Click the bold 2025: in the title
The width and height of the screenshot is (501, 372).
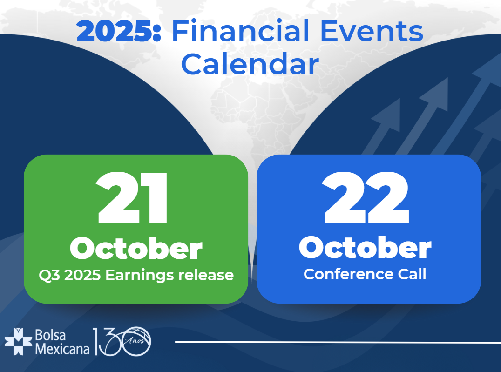coord(119,31)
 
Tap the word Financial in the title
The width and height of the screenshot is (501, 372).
coord(241,31)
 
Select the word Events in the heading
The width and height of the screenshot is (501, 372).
coord(372,31)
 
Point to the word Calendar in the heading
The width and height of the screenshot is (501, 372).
coord(250,64)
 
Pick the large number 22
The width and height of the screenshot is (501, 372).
coord(366,198)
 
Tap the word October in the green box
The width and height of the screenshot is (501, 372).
coord(136,248)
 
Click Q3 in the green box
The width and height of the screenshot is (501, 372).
coord(49,276)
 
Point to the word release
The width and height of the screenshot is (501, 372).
coord(206,275)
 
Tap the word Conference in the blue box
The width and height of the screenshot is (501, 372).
coord(348,274)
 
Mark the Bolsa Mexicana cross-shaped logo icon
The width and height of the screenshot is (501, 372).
coord(19,341)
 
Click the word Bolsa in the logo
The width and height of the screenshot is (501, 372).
coord(50,335)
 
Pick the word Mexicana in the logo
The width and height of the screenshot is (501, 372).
coord(62,349)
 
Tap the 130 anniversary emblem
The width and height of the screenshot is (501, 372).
coord(122,341)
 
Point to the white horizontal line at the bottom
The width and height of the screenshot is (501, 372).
coord(338,342)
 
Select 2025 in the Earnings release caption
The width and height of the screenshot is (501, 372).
coord(82,275)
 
